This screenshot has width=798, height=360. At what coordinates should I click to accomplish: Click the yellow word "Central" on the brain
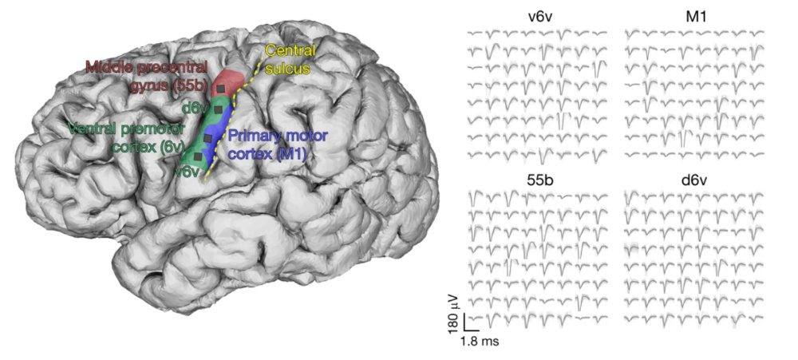point(290,51)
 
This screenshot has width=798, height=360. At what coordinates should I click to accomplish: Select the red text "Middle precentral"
point(147,67)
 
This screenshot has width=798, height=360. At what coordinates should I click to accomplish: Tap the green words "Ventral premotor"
point(126,128)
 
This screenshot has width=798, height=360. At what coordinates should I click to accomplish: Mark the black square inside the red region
point(221,89)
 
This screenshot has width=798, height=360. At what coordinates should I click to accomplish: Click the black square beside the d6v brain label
point(218,109)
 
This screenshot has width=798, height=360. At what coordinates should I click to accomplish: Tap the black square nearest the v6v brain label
point(198,156)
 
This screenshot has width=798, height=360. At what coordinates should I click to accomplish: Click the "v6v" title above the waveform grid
point(540,18)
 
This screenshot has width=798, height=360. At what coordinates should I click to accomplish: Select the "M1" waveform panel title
point(696,18)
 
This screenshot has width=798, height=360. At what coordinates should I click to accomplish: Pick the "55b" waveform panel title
point(540,180)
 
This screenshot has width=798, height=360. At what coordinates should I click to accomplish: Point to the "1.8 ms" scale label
point(480,341)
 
